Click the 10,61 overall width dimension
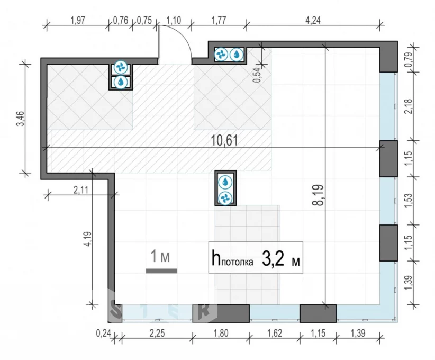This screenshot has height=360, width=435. [224, 140]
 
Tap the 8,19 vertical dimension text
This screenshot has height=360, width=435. [318, 195]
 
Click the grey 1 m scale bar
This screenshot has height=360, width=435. [161, 271]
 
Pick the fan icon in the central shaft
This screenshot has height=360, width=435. [225, 198]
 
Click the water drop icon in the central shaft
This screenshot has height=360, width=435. [225, 182]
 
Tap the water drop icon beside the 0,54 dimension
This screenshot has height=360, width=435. [237, 55]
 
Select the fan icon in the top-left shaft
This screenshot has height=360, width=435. [121, 67]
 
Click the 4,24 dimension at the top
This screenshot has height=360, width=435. [313, 20]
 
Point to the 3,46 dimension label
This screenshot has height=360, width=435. [21, 119]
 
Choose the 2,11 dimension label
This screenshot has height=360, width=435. [81, 190]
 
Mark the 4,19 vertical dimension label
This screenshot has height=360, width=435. [88, 239]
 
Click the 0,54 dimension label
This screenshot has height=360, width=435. [257, 75]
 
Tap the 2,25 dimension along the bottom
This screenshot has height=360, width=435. [157, 333]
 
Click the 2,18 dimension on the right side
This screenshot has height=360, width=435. [408, 106]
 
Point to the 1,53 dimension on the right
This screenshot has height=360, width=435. [408, 201]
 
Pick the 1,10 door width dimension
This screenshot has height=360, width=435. [174, 20]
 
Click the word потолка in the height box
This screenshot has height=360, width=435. [238, 262]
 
